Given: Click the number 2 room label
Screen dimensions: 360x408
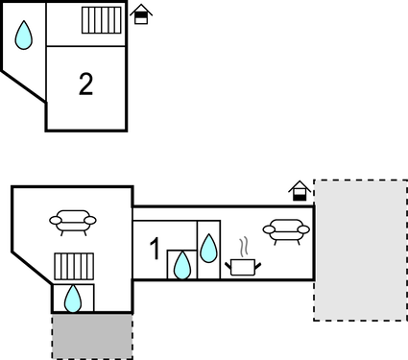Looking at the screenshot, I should [86, 84].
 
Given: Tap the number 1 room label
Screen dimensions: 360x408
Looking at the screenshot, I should [156, 251].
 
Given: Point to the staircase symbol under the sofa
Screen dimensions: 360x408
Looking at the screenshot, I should [72, 266].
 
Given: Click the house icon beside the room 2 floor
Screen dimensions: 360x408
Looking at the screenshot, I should [141, 14].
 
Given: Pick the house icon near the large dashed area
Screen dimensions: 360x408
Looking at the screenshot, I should [300, 191].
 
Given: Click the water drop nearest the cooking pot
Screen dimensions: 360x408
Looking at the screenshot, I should [208, 248].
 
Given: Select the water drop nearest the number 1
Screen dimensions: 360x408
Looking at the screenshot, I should [181, 264].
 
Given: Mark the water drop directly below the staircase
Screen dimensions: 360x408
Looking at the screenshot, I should [73, 299].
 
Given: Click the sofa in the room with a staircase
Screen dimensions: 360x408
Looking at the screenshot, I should [73, 222].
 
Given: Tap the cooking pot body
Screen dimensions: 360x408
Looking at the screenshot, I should [243, 266].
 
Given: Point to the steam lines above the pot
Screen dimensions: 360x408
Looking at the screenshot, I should [244, 245].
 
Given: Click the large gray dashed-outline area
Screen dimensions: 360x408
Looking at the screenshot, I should [359, 250].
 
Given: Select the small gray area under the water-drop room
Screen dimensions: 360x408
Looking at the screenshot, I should [92, 336].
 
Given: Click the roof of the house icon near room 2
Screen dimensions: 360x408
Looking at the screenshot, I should [141, 10].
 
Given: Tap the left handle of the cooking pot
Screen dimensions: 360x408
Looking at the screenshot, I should [228, 262].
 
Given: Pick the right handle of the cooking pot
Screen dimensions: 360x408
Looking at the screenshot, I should [257, 262].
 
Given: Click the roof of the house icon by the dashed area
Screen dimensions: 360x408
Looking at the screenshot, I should [300, 186].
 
